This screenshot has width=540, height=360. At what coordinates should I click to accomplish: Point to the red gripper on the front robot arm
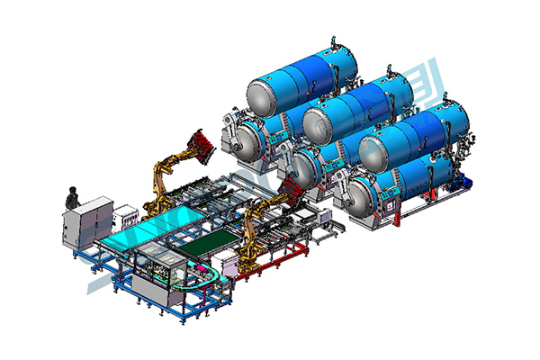pyautogui.click(x=290, y=190)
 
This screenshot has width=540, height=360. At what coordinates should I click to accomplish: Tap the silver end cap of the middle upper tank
pyautogui.click(x=314, y=119)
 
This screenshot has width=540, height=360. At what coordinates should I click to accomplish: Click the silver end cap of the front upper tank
pyautogui.click(x=370, y=148)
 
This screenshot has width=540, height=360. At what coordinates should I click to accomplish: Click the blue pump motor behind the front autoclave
pyautogui.click(x=468, y=178)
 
